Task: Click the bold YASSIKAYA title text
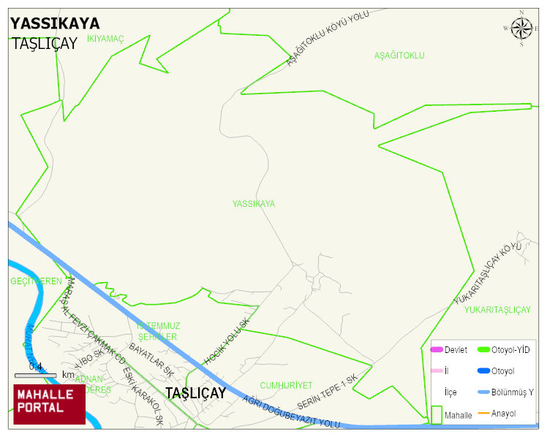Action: point(55,23)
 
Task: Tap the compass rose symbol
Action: point(521,28)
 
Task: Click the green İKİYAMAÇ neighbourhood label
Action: point(106,38)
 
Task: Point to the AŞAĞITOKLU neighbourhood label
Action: point(399,56)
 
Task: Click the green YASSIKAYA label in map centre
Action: point(254,204)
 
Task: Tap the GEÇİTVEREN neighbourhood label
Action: point(36,281)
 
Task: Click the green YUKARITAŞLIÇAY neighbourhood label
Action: point(497,310)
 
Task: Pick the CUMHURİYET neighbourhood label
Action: point(286,385)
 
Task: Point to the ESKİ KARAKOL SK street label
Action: point(143,395)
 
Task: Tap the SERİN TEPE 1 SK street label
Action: point(327,392)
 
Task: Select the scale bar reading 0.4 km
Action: point(36,375)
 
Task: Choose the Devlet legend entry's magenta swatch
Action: point(437,350)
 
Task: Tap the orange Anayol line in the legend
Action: point(483,414)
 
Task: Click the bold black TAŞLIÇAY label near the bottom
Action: point(195,393)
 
